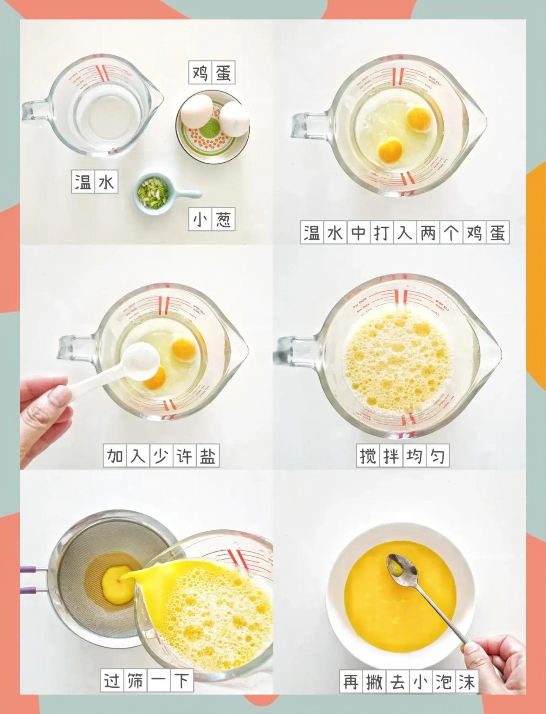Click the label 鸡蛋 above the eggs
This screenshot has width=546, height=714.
(211, 73)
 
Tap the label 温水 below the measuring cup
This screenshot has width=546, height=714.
(95, 182)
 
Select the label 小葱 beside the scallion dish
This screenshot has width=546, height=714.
(211, 219)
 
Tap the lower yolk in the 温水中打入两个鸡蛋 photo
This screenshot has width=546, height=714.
(390, 150)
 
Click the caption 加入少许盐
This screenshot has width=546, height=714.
(161, 455)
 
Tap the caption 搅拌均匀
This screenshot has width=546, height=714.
(403, 455)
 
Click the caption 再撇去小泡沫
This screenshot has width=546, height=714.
(408, 682)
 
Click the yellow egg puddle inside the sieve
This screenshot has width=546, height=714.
(117, 583)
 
